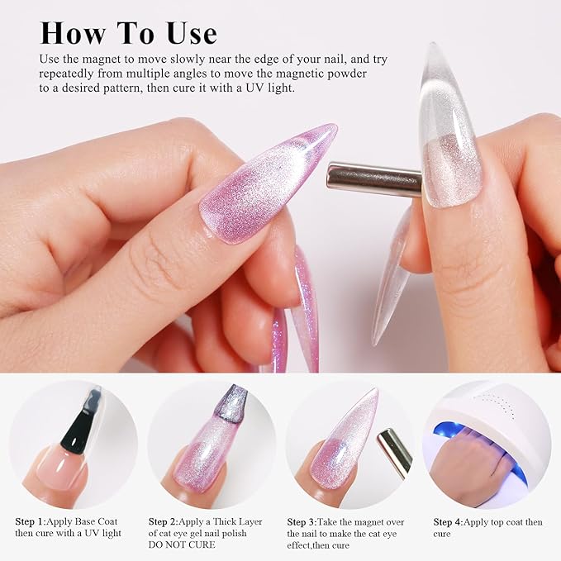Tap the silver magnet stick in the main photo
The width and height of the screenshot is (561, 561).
click(373, 178)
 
